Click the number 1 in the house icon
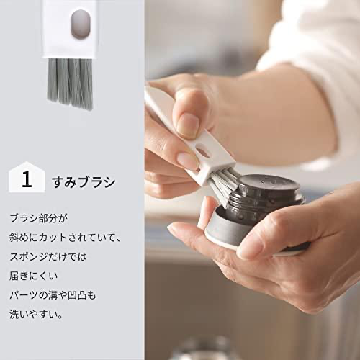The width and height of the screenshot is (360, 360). (x=27, y=179)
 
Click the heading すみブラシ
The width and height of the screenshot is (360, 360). (x=84, y=182)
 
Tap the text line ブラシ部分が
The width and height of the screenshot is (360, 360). (x=39, y=218)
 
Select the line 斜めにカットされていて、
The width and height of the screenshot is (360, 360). (x=65, y=238)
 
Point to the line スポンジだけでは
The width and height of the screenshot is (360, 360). (x=48, y=256)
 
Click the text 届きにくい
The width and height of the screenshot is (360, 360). (x=34, y=276)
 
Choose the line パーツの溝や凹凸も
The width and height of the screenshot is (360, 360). (x=53, y=295)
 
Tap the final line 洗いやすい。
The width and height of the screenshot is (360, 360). (x=36, y=314)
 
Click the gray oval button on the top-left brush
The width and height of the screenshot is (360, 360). (x=81, y=24)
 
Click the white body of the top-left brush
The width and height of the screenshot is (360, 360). (x=70, y=29)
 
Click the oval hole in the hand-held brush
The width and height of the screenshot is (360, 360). (x=203, y=153)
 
